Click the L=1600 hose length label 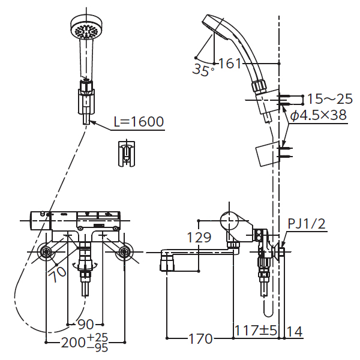click(x=139, y=121)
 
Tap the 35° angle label click(x=203, y=70)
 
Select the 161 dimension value click(x=230, y=63)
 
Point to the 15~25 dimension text click(x=329, y=99)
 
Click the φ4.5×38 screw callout click(x=319, y=115)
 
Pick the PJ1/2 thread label click(x=307, y=224)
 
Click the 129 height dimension click(x=199, y=238)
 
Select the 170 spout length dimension click(x=200, y=338)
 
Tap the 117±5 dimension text click(x=256, y=331)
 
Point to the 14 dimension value click(x=295, y=331)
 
